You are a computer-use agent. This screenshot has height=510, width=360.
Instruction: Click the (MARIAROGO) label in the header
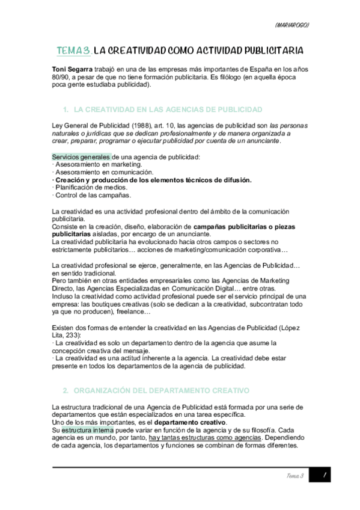coord(291,25)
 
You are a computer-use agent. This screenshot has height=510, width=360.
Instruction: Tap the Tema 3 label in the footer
coord(294,476)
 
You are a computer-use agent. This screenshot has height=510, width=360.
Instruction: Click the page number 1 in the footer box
coord(323,476)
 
